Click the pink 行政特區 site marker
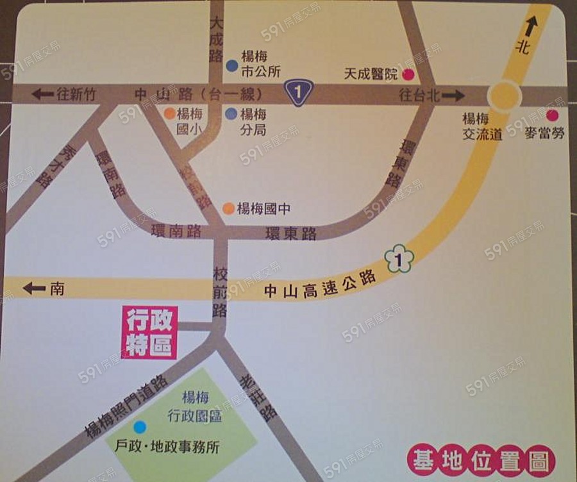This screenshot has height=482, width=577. [150, 332]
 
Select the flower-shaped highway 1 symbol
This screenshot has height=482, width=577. [399, 260]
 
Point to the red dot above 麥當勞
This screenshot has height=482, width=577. [552, 116]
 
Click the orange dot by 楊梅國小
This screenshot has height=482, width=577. [169, 114]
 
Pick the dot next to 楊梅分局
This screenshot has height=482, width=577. [231, 114]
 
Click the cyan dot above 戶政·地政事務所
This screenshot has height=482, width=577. [140, 426]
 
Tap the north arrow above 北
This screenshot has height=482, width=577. [530, 26]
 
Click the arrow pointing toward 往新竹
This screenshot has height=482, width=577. [42, 94]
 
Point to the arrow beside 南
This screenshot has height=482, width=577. [34, 288]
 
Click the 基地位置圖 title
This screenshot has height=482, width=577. [480, 460]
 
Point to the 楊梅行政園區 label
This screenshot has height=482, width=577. [195, 407]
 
